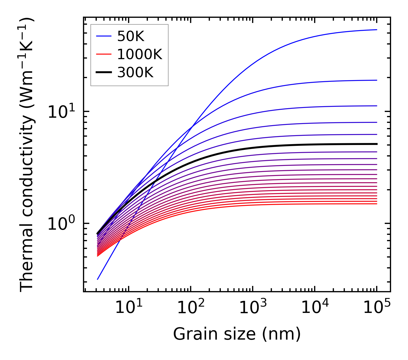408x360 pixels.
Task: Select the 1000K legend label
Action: pos(140,54)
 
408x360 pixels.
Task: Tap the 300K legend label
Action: pos(135,73)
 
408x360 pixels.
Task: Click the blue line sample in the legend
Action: pos(104,36)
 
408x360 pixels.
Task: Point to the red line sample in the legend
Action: pos(104,54)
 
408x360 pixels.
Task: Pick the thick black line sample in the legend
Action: pos(104,73)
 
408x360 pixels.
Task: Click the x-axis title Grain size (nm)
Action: pos(237,334)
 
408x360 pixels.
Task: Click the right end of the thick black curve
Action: pos(376,144)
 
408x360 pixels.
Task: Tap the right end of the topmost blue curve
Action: pos(376,30)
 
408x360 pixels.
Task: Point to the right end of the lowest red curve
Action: pos(376,204)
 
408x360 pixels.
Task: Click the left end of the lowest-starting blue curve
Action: pos(98,279)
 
